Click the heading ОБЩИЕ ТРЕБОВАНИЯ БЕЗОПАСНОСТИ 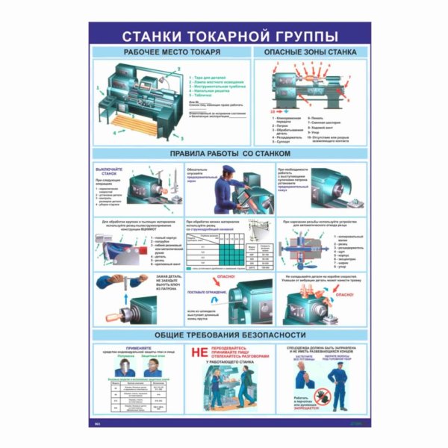tap(224, 335)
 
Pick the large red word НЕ tap(198, 350)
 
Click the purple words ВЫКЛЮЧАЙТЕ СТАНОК tap(109, 174)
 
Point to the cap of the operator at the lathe tap(225, 179)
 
